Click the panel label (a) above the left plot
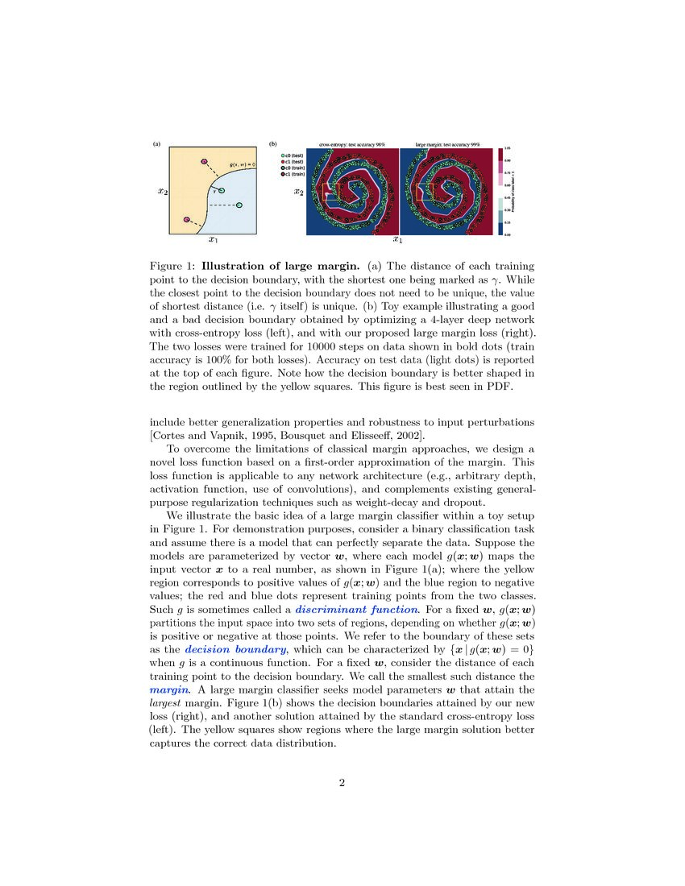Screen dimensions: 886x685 [x=156, y=144]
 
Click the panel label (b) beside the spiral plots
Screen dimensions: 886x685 [x=273, y=145]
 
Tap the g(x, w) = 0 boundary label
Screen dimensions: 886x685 [x=242, y=164]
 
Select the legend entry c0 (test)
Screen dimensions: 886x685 [x=291, y=155]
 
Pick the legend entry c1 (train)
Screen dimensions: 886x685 [x=291, y=174]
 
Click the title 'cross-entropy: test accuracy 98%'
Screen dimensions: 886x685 [x=352, y=144]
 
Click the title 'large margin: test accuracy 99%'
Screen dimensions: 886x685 [x=447, y=144]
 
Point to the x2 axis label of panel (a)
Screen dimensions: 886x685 [x=162, y=192]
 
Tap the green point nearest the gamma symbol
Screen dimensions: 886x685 [x=222, y=190]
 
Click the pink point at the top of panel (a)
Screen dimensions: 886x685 [x=204, y=162]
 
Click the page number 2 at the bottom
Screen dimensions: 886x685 [x=342, y=783]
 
